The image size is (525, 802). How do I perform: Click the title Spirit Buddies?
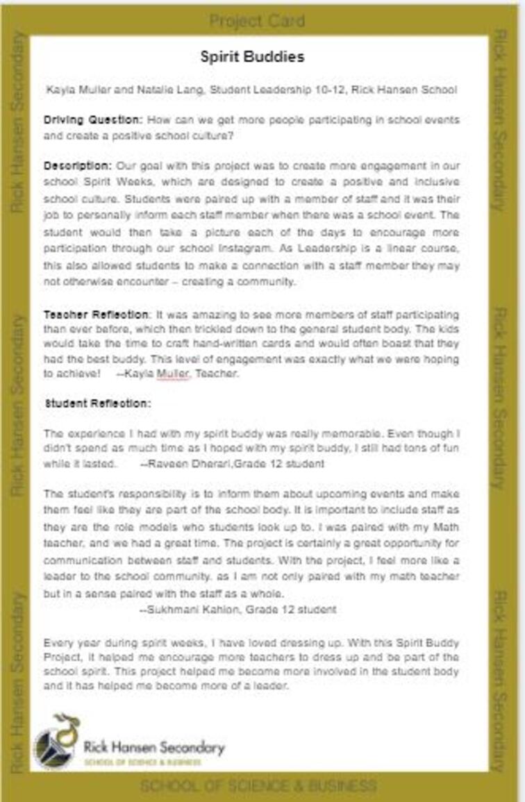tap(252, 57)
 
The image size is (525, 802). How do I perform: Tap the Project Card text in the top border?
tap(257, 22)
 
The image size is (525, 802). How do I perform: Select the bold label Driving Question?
tap(93, 119)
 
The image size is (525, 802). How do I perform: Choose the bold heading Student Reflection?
tap(98, 403)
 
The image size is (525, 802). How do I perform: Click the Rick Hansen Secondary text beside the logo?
tap(154, 747)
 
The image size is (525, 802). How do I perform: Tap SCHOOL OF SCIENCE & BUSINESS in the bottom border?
tap(258, 787)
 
